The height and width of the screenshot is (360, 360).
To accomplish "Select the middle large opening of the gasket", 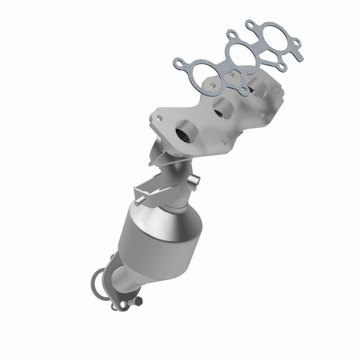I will tap(239, 55).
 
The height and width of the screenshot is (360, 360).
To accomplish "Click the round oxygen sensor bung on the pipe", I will tap(192, 182).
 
